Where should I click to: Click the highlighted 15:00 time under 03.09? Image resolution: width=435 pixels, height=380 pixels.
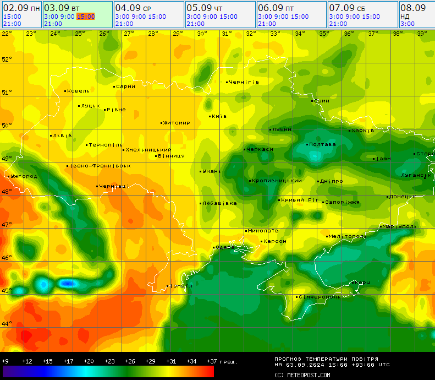click(85, 17)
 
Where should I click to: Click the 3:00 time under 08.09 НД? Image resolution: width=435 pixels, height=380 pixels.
click(408, 24)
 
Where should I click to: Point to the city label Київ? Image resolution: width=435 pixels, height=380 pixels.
click(219, 116)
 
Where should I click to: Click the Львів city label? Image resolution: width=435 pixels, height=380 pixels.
click(62, 135)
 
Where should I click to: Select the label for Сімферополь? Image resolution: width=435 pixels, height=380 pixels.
click(320, 297)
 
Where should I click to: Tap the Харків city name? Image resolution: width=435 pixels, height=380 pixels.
click(363, 131)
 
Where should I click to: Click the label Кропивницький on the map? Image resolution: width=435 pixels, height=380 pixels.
click(276, 181)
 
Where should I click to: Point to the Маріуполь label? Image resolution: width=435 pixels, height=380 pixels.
click(400, 226)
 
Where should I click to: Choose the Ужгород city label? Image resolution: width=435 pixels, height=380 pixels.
click(24, 176)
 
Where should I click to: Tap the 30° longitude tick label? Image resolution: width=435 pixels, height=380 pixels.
click(202, 34)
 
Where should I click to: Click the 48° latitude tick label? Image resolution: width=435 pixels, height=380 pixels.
click(7, 192)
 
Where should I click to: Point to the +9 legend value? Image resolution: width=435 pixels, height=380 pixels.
click(5, 361)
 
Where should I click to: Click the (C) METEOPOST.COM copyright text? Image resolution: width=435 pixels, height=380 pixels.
click(302, 375)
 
